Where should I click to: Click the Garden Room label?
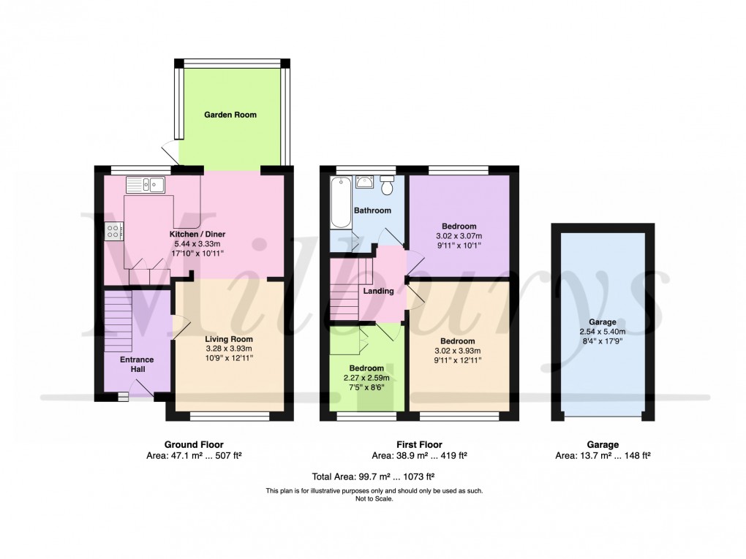click(x=230, y=115)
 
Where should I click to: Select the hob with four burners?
click(x=114, y=231)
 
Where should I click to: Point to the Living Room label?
click(x=229, y=339)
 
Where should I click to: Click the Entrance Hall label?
click(x=137, y=364)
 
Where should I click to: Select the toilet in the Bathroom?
click(x=388, y=185)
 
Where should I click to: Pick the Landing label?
click(x=380, y=291)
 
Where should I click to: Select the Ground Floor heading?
click(x=194, y=444)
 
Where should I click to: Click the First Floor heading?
click(x=419, y=444)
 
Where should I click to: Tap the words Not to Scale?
click(x=374, y=499)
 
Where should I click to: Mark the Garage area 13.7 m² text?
click(x=603, y=455)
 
